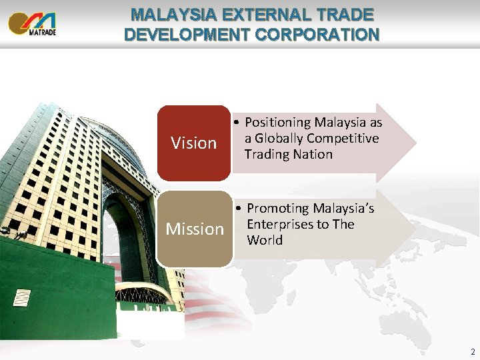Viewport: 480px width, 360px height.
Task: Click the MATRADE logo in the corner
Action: tap(32, 23)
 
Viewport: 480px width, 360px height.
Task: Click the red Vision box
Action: tap(193, 143)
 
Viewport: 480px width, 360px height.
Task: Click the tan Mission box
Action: tap(195, 229)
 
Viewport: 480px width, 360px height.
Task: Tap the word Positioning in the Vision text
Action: tap(277, 123)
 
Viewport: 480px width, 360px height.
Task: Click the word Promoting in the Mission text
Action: tap(278, 209)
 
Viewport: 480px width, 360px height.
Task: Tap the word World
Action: tap(265, 240)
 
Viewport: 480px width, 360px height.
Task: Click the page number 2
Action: tap(472, 351)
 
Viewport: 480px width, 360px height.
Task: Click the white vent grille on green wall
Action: tap(22, 297)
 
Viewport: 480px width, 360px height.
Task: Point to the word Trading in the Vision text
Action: tap(268, 154)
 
